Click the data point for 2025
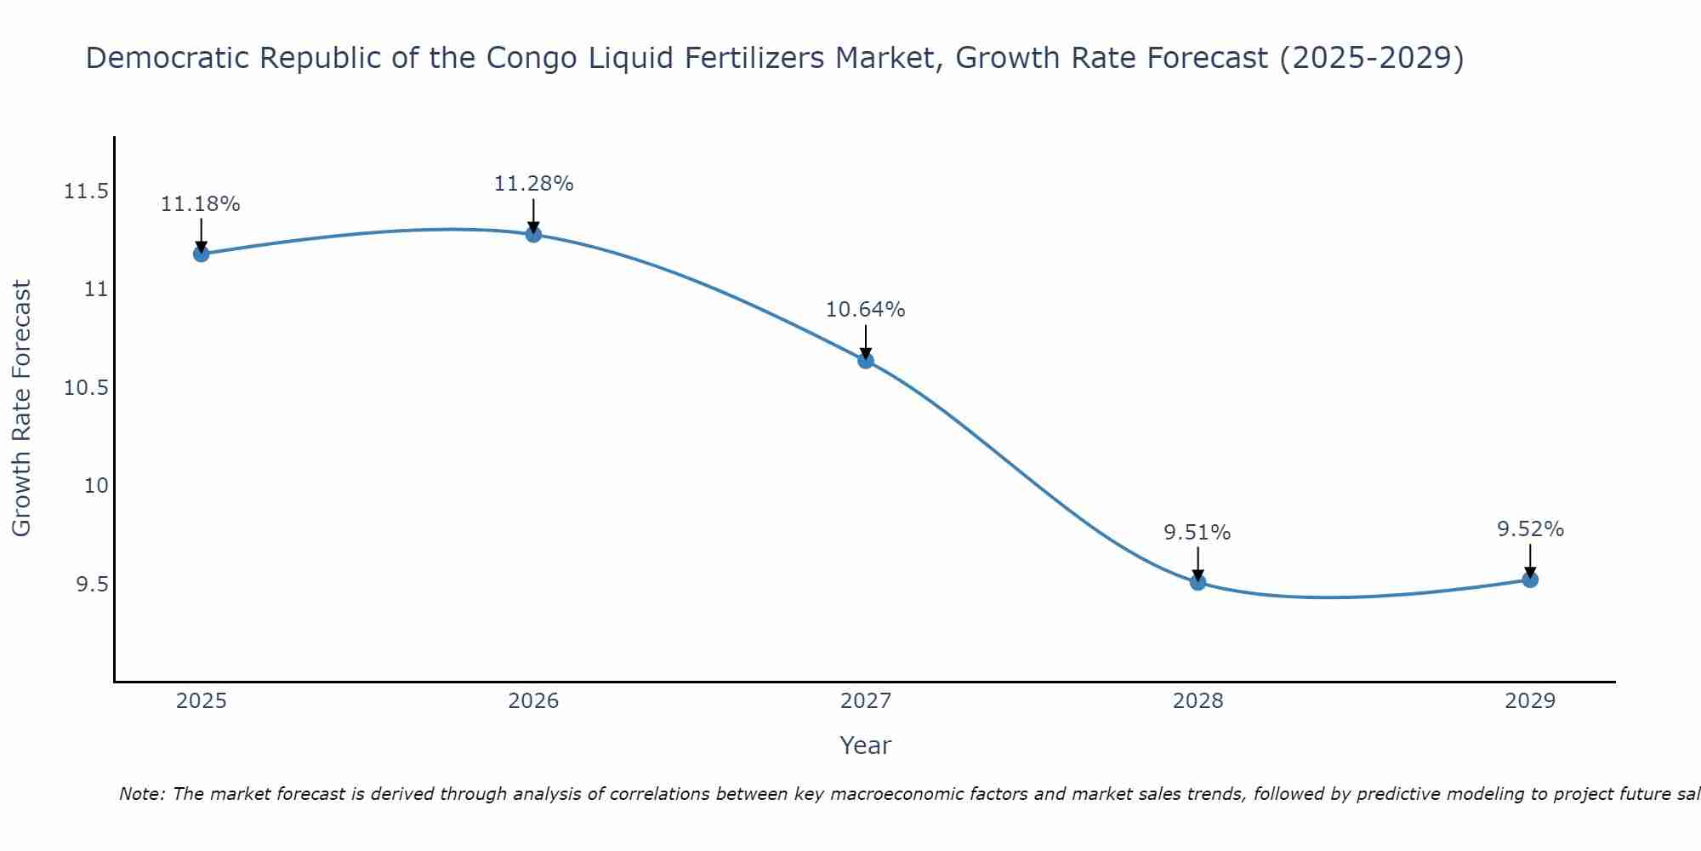click(x=201, y=254)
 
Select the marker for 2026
click(x=533, y=234)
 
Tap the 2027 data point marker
click(x=866, y=360)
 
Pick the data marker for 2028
click(x=1198, y=582)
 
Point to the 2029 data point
click(x=1530, y=580)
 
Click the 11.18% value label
click(x=201, y=204)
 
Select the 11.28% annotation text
click(x=533, y=184)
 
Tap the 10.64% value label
click(x=866, y=310)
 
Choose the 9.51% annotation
click(x=1198, y=533)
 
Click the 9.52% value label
click(x=1530, y=529)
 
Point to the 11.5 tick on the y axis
click(x=87, y=191)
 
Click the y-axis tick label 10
click(x=96, y=486)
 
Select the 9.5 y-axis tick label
click(x=92, y=585)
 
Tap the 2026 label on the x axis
click(x=533, y=701)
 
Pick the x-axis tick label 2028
click(x=1198, y=701)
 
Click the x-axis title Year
click(x=865, y=745)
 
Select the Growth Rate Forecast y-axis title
click(x=21, y=408)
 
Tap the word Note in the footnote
click(x=142, y=794)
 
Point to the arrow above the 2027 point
click(x=866, y=341)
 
